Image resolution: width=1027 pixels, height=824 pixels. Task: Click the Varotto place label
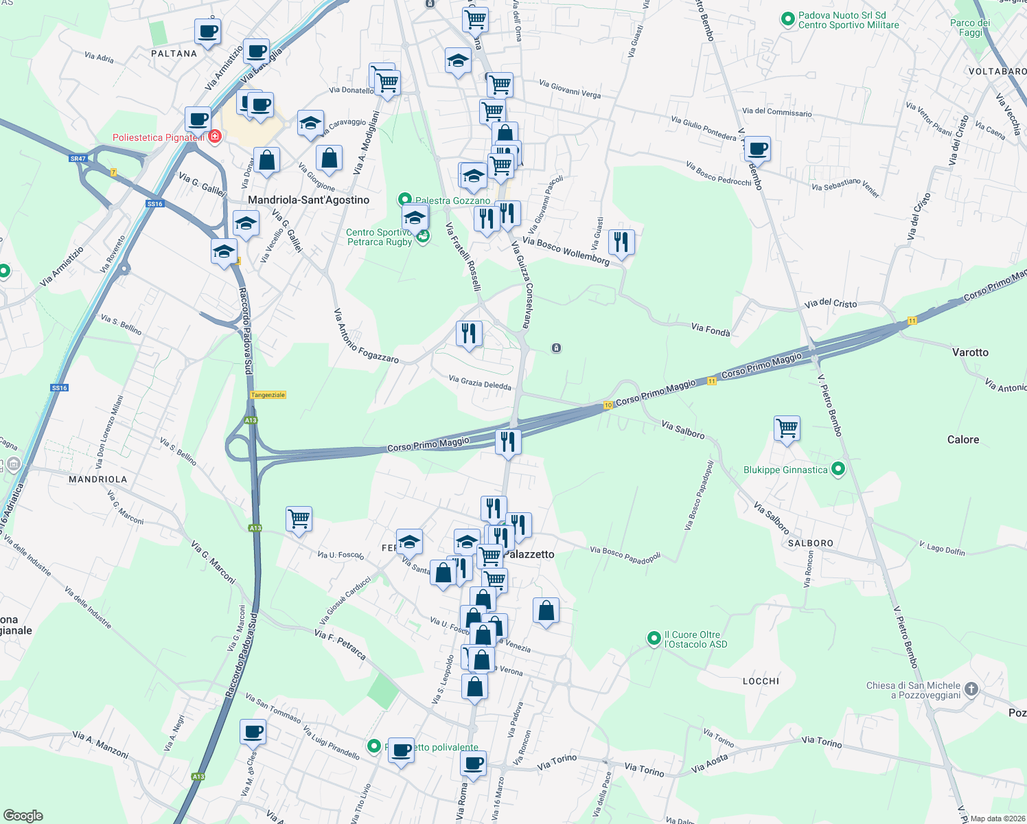point(970,352)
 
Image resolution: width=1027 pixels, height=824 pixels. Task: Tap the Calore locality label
point(962,439)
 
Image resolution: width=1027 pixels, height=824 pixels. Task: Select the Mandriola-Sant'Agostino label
point(308,200)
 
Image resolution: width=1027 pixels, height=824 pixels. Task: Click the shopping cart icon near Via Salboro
point(787,428)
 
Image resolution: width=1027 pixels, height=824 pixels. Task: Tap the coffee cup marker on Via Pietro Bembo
point(758,148)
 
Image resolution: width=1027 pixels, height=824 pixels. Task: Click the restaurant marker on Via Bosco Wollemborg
point(621,242)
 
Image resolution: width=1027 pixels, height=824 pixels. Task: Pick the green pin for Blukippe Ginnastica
point(838,470)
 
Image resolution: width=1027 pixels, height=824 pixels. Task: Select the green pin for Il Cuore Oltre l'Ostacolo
point(654,639)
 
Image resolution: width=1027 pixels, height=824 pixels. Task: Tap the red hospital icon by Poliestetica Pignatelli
point(215,137)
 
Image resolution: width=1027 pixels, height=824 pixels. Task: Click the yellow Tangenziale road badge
point(268,395)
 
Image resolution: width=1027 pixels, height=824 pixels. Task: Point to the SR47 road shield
point(78,159)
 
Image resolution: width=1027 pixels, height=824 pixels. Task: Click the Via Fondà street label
point(711,330)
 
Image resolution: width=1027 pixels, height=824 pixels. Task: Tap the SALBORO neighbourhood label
point(810,543)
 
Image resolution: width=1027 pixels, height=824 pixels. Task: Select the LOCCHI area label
point(761,681)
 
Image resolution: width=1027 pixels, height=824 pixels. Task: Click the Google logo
point(23,816)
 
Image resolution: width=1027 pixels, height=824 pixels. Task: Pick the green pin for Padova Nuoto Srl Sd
point(788,20)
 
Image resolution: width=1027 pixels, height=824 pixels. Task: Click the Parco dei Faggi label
point(970,27)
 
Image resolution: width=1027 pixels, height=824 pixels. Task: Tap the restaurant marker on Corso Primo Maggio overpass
point(508,442)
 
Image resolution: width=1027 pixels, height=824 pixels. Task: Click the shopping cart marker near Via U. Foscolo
point(299,518)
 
